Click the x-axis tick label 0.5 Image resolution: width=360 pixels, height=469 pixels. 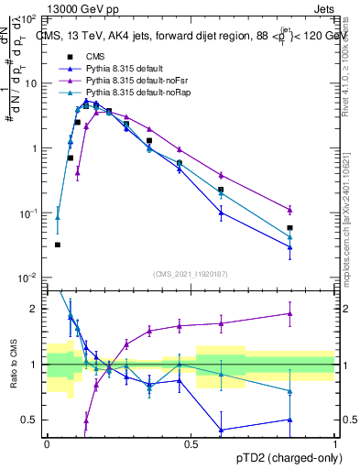[191, 443]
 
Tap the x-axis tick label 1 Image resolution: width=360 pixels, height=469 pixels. [335, 443]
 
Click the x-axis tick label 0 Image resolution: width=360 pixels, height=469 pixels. [47, 443]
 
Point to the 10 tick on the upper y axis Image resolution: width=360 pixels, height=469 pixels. [29, 83]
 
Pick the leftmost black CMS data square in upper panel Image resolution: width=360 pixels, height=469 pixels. [58, 245]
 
